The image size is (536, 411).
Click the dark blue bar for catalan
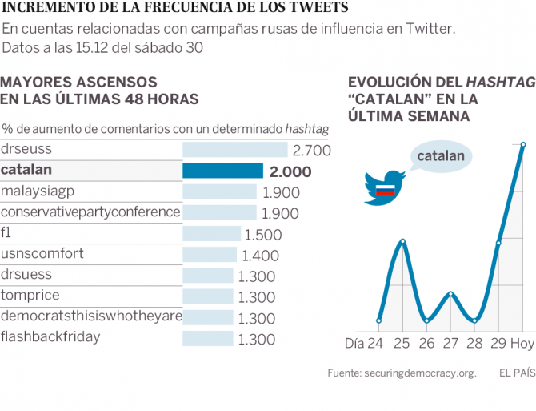(222, 171)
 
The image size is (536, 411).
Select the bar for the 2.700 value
(234, 150)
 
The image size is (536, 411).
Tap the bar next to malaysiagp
(219, 192)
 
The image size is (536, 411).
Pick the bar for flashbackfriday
(208, 338)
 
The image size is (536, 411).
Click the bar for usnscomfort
(210, 255)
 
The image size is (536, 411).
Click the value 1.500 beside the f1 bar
(263, 234)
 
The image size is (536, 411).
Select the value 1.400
(259, 255)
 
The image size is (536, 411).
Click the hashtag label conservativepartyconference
(90, 212)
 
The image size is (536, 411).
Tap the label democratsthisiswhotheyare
(90, 316)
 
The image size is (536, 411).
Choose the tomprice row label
(30, 296)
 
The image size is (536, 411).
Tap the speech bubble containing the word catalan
(440, 156)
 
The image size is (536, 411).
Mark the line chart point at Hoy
(523, 145)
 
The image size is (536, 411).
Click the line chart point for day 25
(402, 240)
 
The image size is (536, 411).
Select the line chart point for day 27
(450, 294)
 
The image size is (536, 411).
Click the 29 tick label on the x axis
(498, 343)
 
